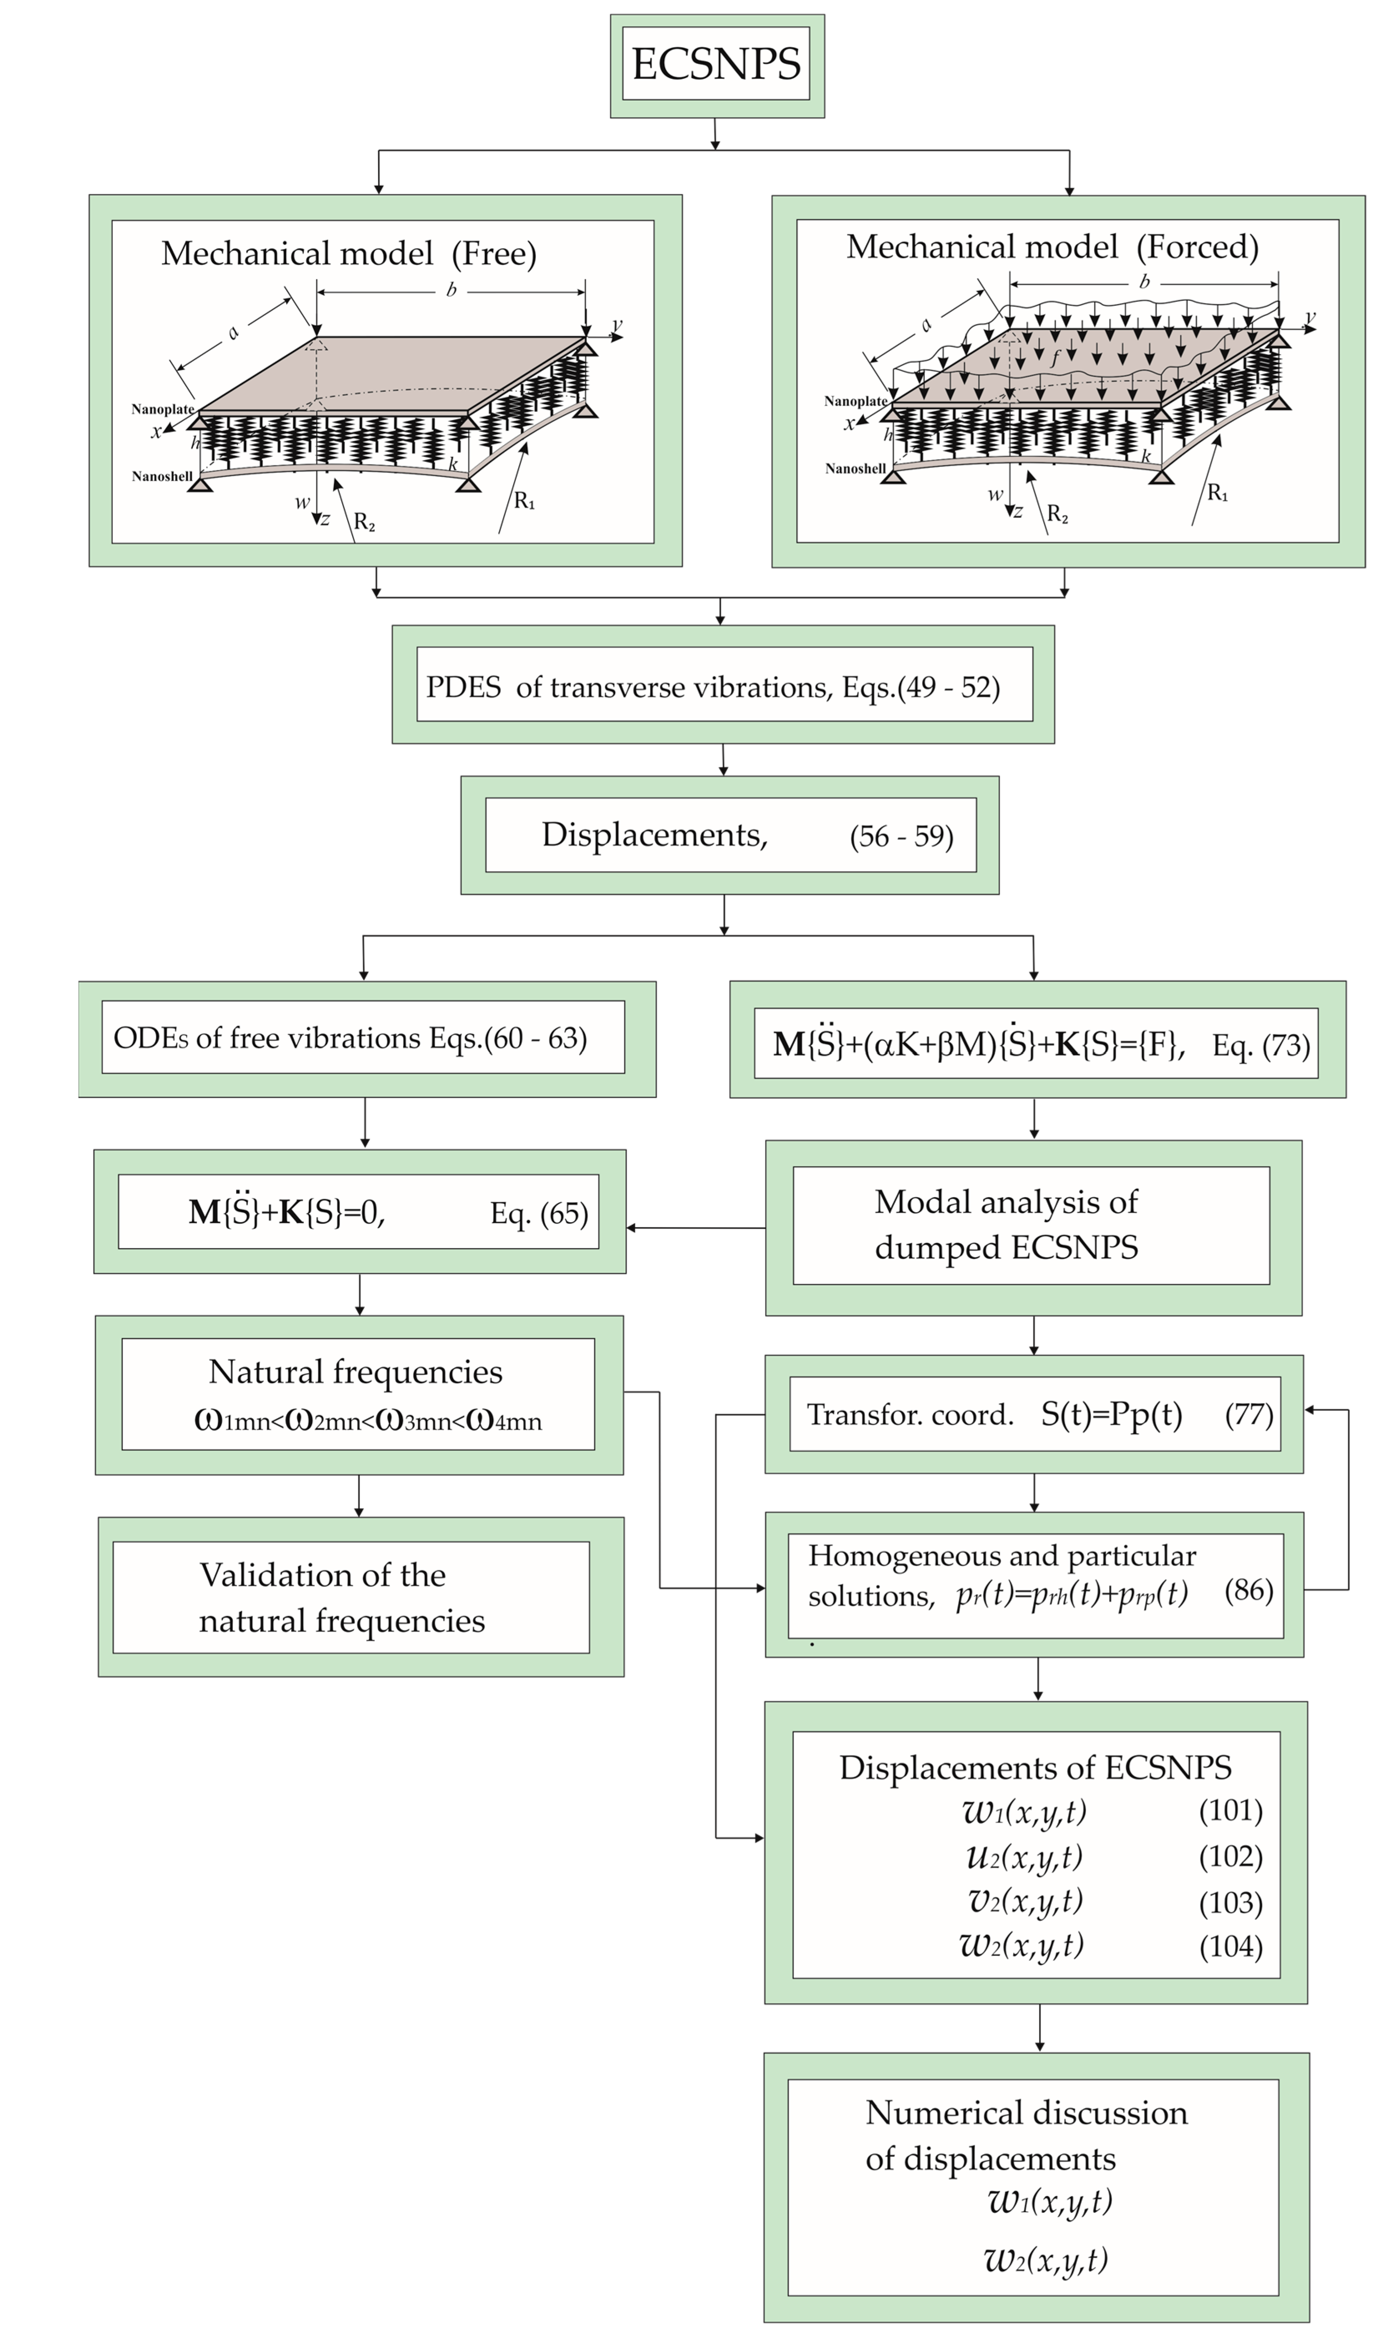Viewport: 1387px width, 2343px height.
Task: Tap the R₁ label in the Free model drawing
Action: click(x=525, y=502)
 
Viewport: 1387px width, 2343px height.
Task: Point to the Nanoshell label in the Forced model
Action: click(x=854, y=468)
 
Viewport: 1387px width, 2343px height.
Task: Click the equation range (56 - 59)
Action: click(x=901, y=835)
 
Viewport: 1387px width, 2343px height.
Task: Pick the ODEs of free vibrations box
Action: click(x=363, y=1038)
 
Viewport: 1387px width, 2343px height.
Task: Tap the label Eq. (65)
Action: click(x=539, y=1213)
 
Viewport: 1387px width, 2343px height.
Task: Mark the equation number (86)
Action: click(x=1248, y=1590)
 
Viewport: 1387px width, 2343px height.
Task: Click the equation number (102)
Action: click(x=1230, y=1856)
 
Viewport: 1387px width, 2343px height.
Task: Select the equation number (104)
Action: click(x=1230, y=1946)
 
